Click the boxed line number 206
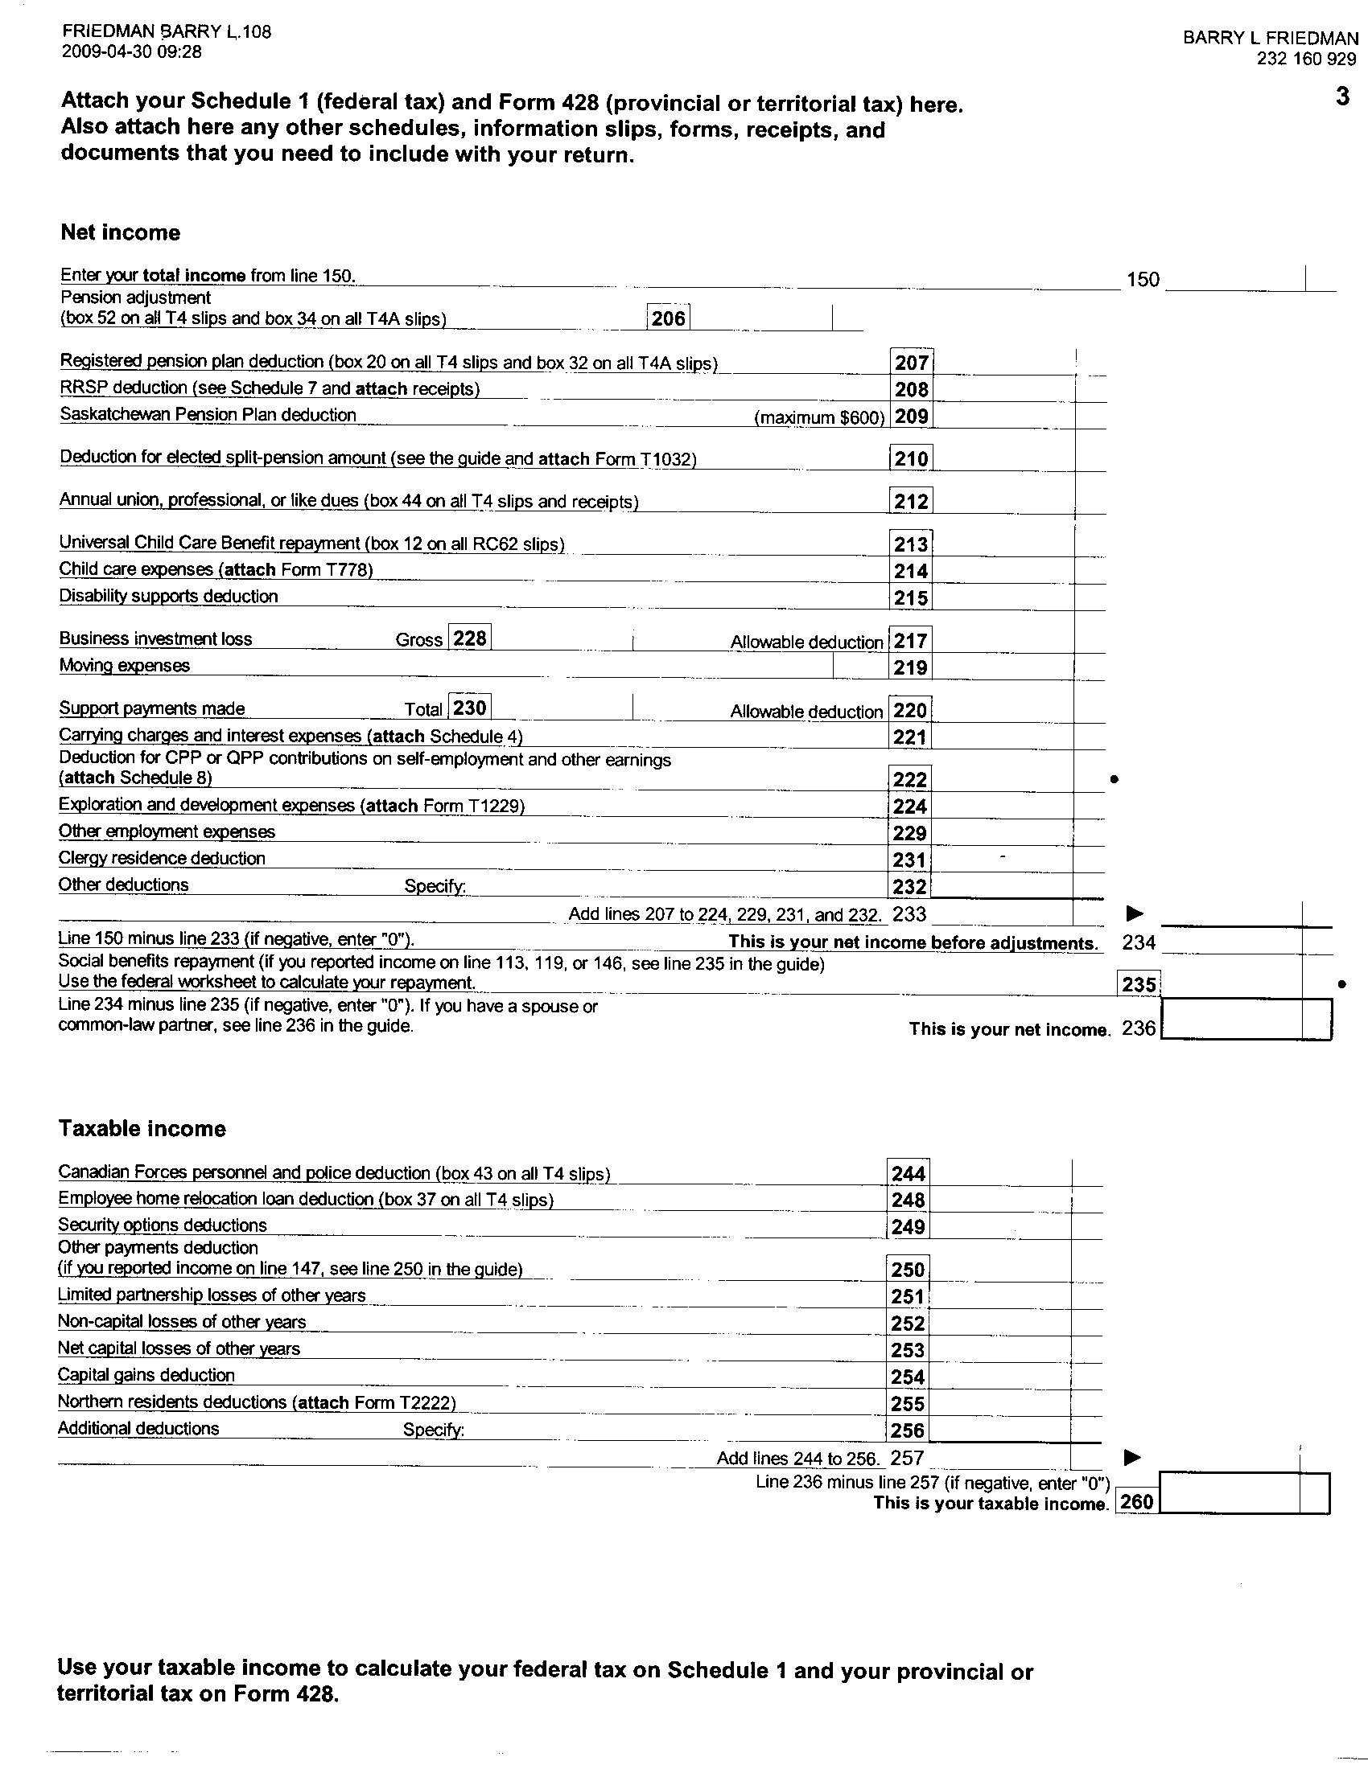(x=669, y=318)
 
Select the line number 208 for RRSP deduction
(x=911, y=390)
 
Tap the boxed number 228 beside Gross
(x=469, y=638)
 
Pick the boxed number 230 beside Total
(x=469, y=708)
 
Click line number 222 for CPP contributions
(x=909, y=779)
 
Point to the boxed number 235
(x=1138, y=984)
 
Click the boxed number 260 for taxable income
(x=1136, y=1502)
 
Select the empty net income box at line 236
(x=1232, y=1020)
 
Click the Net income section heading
(x=121, y=232)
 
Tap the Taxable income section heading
(x=142, y=1128)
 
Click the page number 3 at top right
(x=1343, y=97)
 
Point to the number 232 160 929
(x=1306, y=60)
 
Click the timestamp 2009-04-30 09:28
(x=132, y=52)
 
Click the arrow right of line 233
(x=1135, y=914)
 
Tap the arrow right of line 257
(x=1132, y=1458)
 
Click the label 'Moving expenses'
(x=125, y=666)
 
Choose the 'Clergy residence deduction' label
(x=162, y=858)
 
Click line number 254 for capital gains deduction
(x=908, y=1377)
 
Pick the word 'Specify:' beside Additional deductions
(x=434, y=1430)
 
